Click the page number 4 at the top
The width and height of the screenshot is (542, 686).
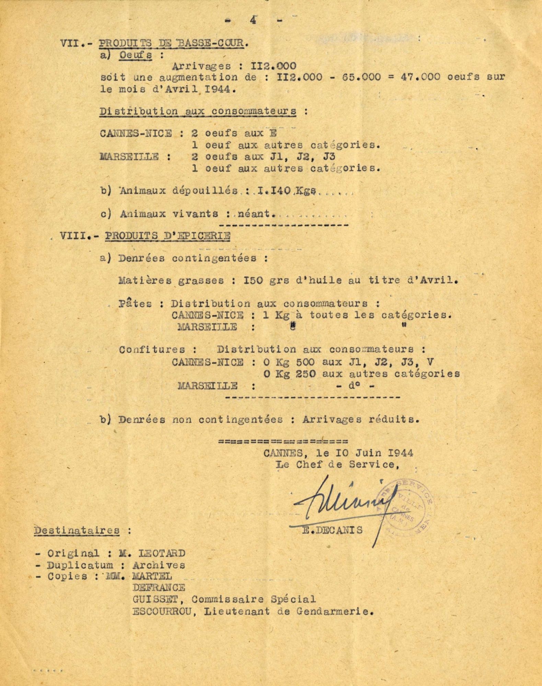(x=254, y=20)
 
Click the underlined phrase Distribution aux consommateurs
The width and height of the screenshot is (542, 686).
(x=198, y=111)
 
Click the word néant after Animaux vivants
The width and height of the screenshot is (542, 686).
(x=256, y=214)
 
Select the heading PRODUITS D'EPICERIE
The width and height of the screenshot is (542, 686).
(x=168, y=236)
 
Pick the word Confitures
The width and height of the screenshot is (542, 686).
(x=152, y=350)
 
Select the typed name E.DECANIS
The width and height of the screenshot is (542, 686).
(x=332, y=530)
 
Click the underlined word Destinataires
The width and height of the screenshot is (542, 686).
(x=77, y=530)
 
